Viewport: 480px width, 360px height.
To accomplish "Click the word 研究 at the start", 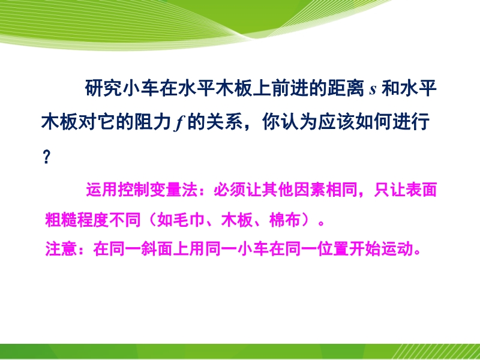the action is click(103, 88).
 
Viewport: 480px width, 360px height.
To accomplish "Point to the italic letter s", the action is click(373, 90).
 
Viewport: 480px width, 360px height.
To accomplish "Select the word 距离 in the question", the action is click(346, 88).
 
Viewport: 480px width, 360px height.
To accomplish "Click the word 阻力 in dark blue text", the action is click(152, 122).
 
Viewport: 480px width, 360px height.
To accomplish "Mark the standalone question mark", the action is click(46, 157).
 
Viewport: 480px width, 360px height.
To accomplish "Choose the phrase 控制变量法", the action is click(158, 190).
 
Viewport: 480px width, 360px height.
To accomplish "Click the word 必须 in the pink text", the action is click(230, 190).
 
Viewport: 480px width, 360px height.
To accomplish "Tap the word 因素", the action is click(310, 190).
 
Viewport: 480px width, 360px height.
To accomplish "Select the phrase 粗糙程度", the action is click(77, 220).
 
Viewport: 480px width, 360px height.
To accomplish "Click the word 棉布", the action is click(284, 220).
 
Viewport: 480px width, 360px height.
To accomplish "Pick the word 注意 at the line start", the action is click(61, 248).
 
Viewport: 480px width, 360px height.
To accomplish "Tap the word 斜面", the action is click(157, 248).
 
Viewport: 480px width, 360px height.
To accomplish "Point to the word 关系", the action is click(224, 122).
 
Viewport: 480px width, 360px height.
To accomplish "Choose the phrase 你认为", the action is click(290, 122).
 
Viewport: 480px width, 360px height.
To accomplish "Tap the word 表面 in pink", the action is click(421, 190).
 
